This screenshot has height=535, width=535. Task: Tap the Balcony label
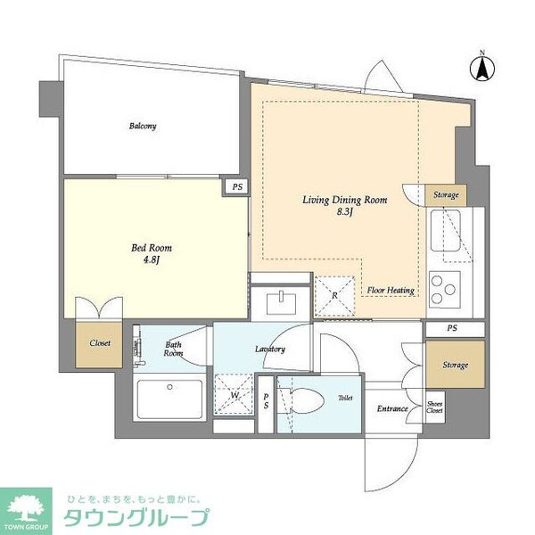point(143,126)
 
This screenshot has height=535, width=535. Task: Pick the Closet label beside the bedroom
point(100,342)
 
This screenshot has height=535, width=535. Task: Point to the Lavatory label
point(268,349)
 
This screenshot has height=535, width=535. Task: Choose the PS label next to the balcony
point(236,187)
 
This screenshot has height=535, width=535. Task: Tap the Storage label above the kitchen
point(446,194)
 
